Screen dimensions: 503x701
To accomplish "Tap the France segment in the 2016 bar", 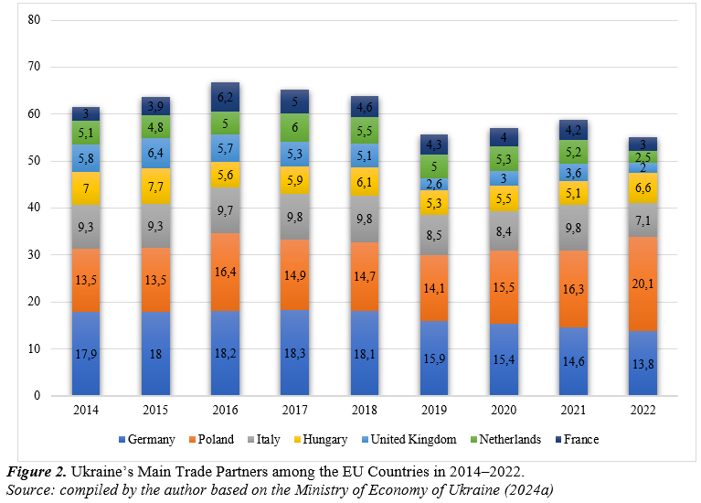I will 225,97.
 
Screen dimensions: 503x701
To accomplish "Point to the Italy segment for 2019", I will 434,235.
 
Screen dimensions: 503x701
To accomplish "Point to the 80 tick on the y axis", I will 35,19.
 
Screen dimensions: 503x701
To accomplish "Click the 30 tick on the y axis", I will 35,254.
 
